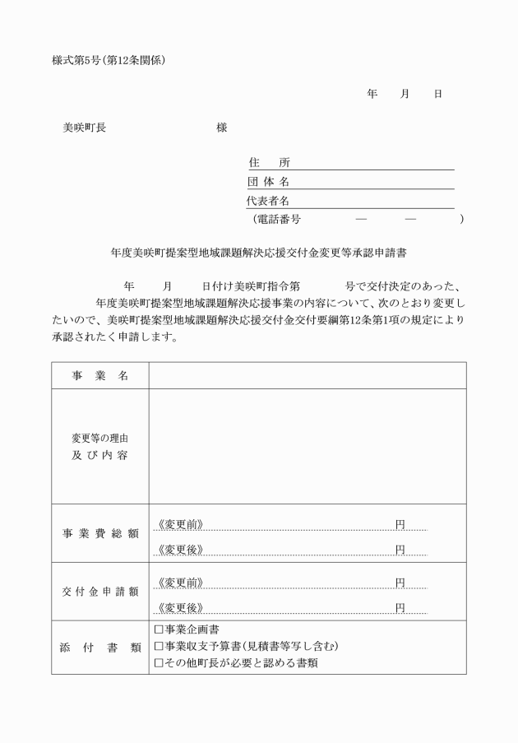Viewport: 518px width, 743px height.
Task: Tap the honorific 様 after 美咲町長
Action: point(222,128)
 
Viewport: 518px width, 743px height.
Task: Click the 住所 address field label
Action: point(269,163)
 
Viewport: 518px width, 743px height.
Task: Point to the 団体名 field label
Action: point(268,182)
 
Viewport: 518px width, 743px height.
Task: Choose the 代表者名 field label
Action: point(268,201)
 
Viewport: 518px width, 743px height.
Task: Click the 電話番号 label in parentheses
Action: point(279,219)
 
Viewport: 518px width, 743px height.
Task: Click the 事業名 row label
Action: point(100,376)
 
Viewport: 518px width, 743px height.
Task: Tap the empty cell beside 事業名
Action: point(307,376)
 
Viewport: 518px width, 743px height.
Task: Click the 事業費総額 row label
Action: point(100,533)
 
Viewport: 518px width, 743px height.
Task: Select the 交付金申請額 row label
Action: point(100,592)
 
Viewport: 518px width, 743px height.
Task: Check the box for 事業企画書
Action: point(159,629)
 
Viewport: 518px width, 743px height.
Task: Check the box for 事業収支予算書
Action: point(159,646)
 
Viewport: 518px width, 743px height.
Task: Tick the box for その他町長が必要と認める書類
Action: point(159,662)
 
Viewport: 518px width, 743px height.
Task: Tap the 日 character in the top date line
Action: point(437,94)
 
